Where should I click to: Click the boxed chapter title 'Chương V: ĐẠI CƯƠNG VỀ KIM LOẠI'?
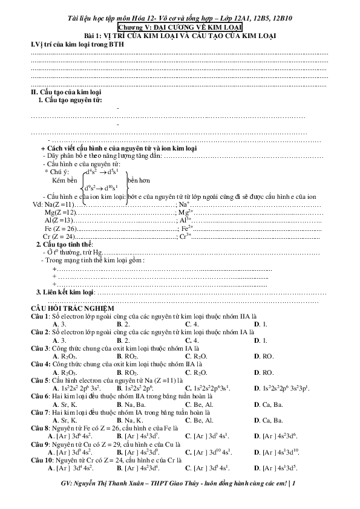pyautogui.click(x=180, y=28)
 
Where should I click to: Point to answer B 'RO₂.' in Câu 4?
pyautogui.click(x=124, y=372)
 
